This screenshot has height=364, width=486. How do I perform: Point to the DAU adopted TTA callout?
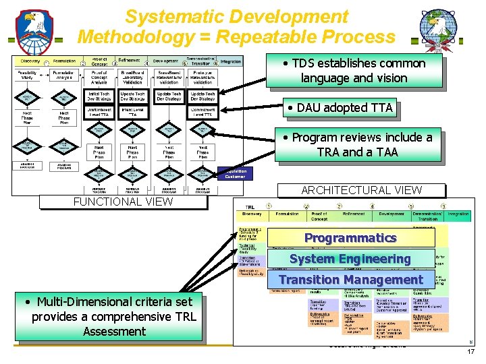point(340,108)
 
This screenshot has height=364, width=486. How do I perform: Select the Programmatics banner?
point(350,238)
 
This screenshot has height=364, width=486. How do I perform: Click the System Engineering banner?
point(350,259)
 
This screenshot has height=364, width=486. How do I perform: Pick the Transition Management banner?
point(350,280)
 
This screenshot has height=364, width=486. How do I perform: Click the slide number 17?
point(471,352)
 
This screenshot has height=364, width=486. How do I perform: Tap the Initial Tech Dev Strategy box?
point(99,96)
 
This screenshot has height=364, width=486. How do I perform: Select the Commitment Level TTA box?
point(202,113)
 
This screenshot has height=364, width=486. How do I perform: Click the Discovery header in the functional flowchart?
point(30,61)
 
